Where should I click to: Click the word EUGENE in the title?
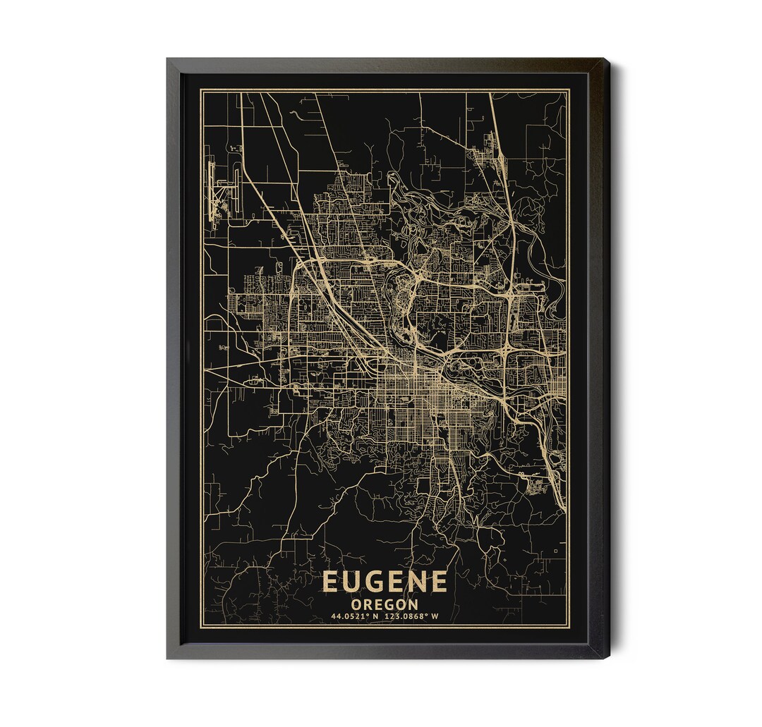point(385,582)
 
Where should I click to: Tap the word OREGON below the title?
point(385,604)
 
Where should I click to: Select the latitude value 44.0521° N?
point(355,616)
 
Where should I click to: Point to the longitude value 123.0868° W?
point(413,616)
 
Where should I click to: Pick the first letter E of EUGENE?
point(331,582)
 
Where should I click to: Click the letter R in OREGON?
point(368,604)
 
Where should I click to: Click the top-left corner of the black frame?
point(169,61)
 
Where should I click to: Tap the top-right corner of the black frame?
point(605,61)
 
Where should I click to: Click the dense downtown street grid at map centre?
point(413,398)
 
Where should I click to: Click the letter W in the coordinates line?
point(435,616)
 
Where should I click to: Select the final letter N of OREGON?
point(413,604)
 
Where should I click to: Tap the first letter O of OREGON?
point(357,604)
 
